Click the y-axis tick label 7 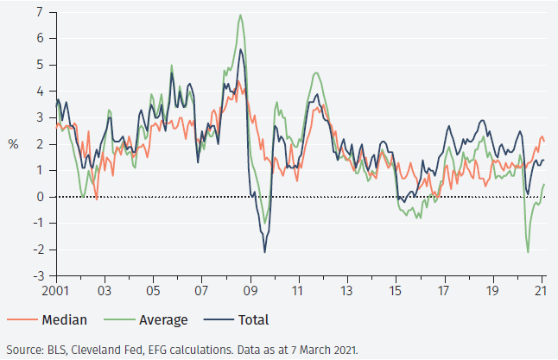[x=40, y=11]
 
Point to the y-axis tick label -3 [x=37, y=276]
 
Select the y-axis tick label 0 [x=40, y=197]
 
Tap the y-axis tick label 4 [x=40, y=91]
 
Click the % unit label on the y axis [x=13, y=144]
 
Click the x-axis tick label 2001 [x=55, y=291]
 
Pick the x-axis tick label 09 [x=250, y=291]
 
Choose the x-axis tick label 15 [x=396, y=291]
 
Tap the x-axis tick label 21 [x=542, y=291]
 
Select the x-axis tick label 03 [x=104, y=291]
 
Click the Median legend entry [x=64, y=320]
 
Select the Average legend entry [x=163, y=320]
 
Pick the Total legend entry [x=250, y=320]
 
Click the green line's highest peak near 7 [x=240, y=15]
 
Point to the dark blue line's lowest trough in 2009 [x=264, y=251]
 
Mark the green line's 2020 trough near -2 [x=528, y=251]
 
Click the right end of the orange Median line [x=544, y=141]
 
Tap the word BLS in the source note [x=60, y=350]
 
